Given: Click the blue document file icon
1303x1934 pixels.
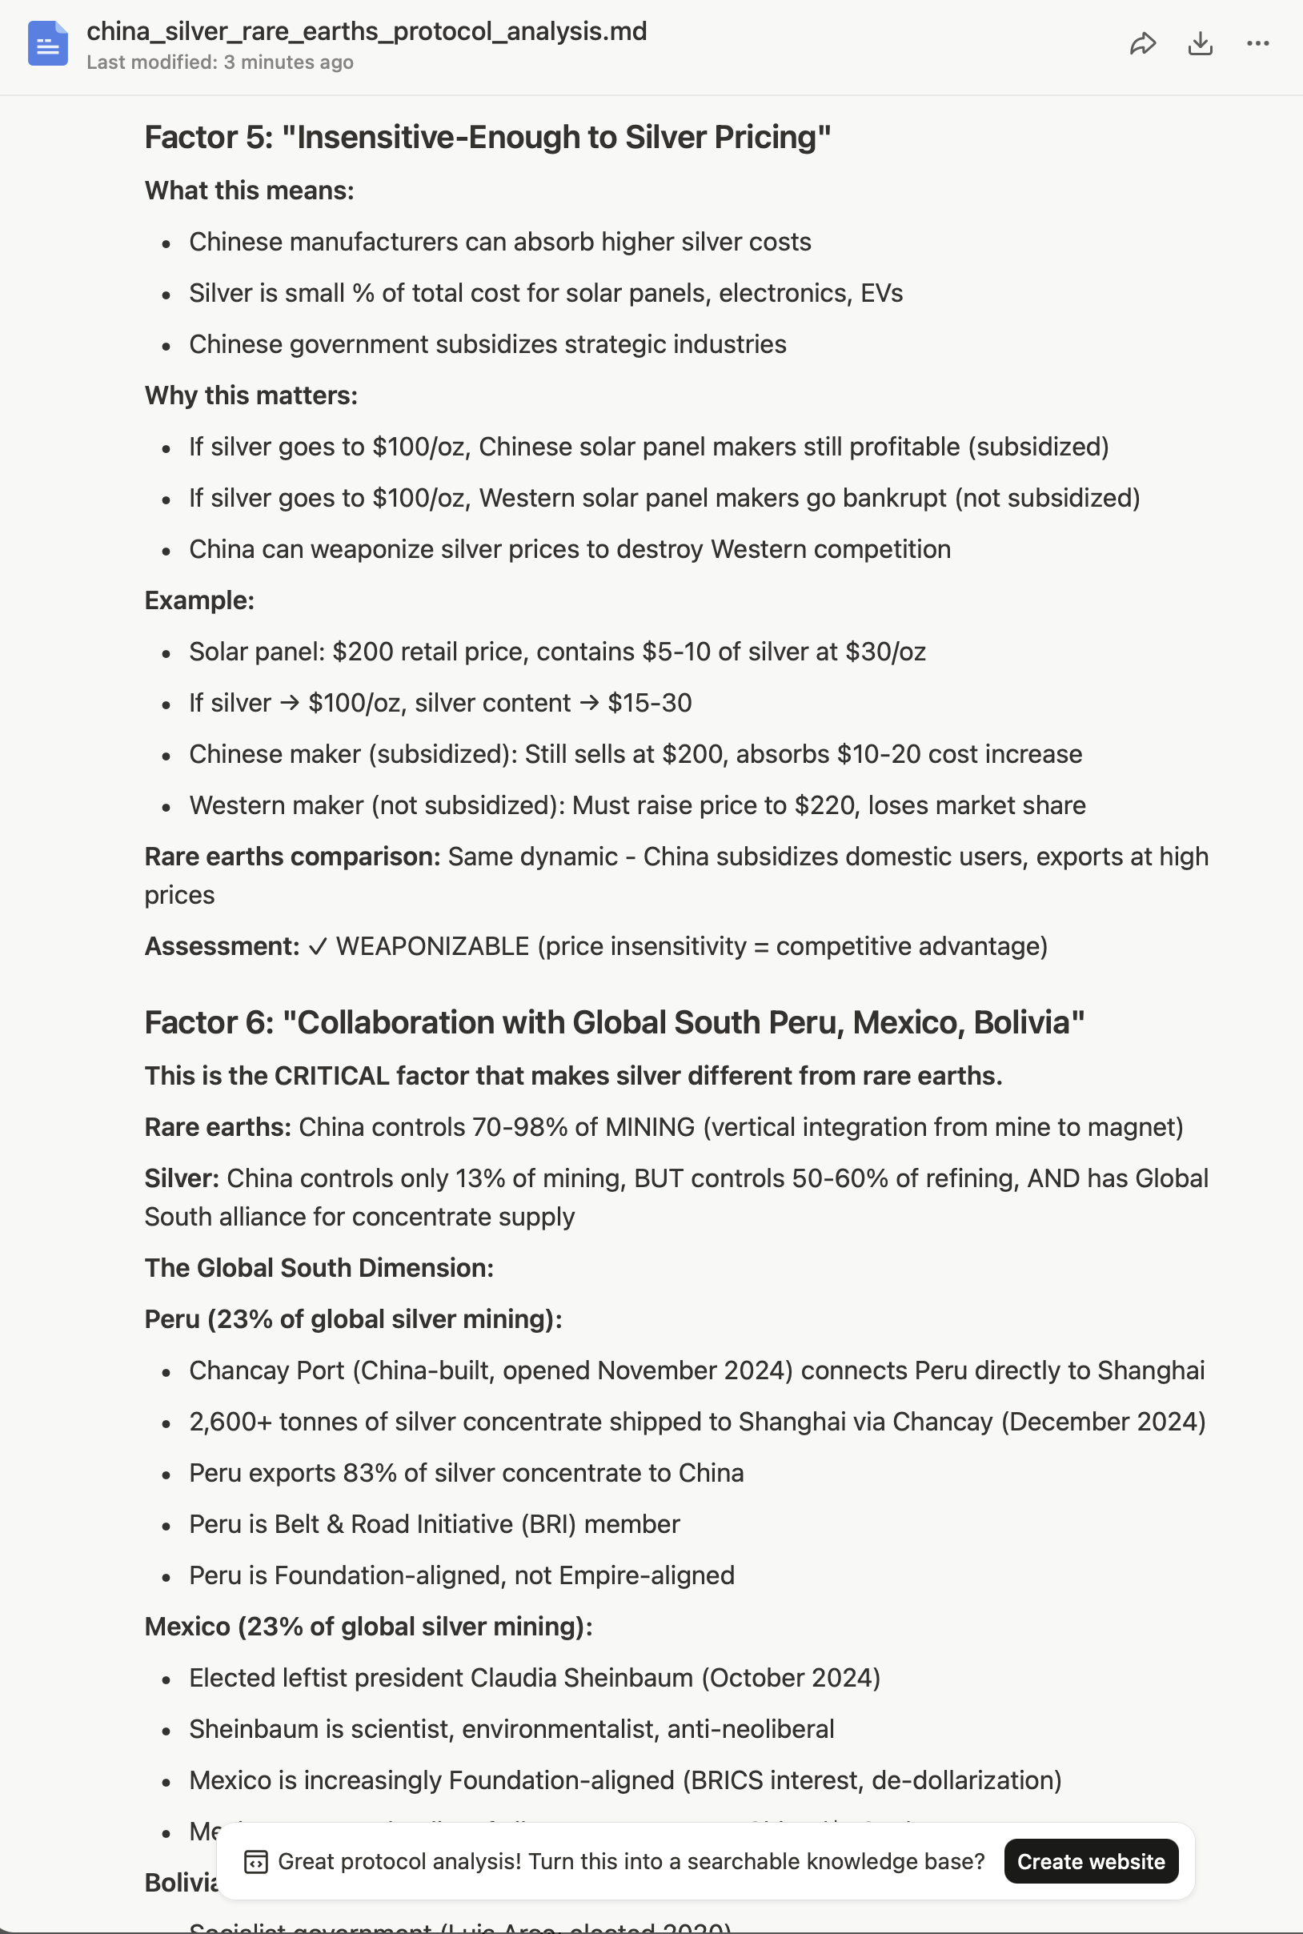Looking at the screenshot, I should [47, 44].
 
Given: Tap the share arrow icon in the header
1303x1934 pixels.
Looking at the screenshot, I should [1143, 44].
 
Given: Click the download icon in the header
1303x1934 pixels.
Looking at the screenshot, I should [1200, 44].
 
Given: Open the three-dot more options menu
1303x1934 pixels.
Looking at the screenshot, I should [1257, 44].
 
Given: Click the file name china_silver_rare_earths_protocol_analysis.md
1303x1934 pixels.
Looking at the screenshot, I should [367, 31].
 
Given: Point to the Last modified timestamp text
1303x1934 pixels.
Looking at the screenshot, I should [219, 62].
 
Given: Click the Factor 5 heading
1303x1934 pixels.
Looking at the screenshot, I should [487, 138].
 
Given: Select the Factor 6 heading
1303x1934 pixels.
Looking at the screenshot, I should [614, 1022].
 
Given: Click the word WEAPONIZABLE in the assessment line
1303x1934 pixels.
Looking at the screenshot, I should [432, 947].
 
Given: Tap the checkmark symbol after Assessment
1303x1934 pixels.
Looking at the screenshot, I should [318, 947].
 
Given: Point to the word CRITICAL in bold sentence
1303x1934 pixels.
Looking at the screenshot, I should [331, 1077].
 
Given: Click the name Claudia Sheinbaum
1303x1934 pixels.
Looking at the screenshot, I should [581, 1678].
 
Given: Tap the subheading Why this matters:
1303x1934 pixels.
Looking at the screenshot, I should [251, 395].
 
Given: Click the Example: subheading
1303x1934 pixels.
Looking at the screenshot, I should [199, 601].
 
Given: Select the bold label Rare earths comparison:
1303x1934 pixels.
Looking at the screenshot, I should [292, 857].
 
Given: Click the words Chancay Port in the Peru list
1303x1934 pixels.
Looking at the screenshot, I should [266, 1370].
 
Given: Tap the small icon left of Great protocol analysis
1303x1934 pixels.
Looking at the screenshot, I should [255, 1862].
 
